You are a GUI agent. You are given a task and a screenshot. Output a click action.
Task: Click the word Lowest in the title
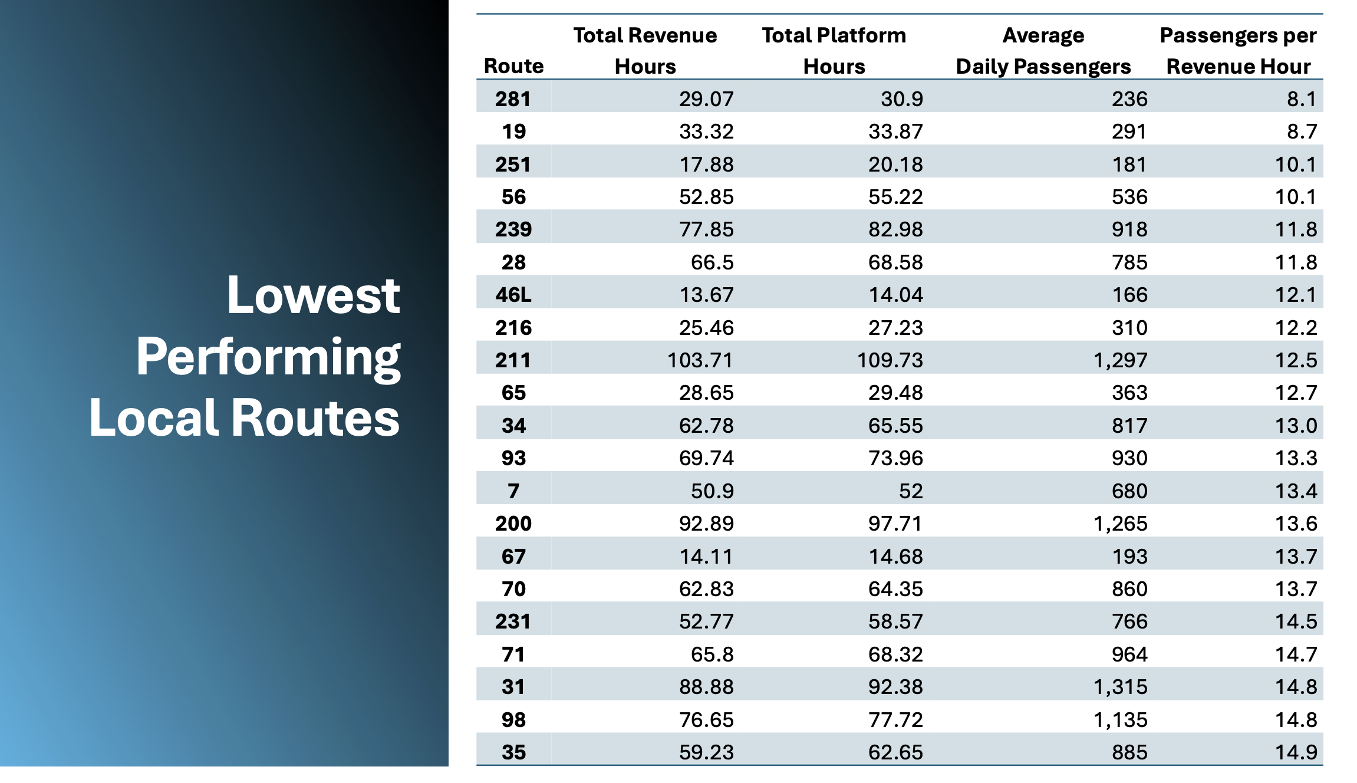(x=313, y=295)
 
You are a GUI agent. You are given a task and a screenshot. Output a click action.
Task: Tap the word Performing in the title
(x=268, y=357)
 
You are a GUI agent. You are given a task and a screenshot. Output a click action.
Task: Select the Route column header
(x=513, y=66)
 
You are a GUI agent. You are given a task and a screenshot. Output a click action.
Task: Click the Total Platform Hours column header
(x=834, y=51)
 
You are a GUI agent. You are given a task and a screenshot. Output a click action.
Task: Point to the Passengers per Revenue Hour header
(x=1238, y=51)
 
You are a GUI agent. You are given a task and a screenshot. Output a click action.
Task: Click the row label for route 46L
(x=513, y=294)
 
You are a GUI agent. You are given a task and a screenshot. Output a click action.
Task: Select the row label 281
(x=513, y=99)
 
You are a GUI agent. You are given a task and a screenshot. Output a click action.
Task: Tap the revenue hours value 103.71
(x=700, y=360)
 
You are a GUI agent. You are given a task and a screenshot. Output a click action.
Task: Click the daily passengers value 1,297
(x=1120, y=360)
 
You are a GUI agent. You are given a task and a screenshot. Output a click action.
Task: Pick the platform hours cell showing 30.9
(x=901, y=99)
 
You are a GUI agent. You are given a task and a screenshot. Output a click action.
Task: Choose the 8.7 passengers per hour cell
(x=1301, y=131)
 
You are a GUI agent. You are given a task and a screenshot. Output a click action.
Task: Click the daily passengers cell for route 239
(x=1129, y=229)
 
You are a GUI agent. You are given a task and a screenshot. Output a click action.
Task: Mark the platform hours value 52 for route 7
(x=910, y=491)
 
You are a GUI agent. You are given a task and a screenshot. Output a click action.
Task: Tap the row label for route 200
(x=513, y=524)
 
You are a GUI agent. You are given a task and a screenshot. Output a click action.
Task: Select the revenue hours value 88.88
(x=706, y=687)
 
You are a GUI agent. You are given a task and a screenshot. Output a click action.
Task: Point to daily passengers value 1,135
(x=1120, y=720)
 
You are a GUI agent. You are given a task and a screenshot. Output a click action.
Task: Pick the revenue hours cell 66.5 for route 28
(x=712, y=262)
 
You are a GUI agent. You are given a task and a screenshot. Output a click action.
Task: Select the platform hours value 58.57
(x=895, y=621)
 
